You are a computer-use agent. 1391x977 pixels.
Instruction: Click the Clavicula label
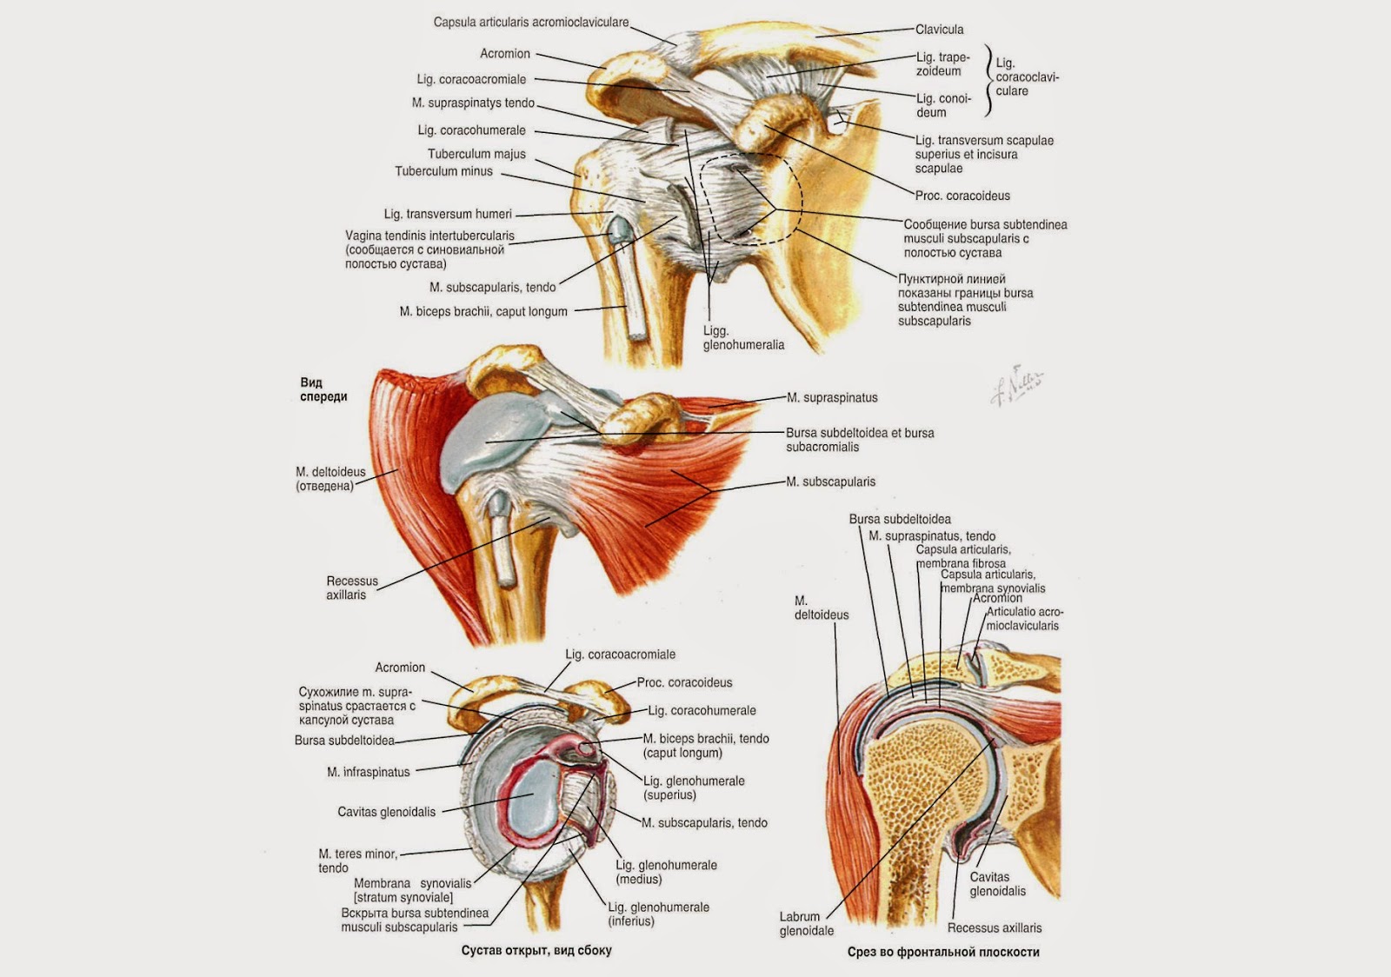939,30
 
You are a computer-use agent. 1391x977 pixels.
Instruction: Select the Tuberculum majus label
476,154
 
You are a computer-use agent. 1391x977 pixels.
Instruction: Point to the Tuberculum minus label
443,171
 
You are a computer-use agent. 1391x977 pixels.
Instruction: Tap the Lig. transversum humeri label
448,214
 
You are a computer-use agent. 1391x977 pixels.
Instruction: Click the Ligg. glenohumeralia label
743,338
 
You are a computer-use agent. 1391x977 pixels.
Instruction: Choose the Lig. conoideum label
943,105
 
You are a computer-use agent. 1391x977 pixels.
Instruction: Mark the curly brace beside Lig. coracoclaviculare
988,81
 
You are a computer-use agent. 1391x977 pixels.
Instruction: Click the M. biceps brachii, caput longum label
483,311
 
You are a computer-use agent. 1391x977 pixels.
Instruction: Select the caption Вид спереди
323,389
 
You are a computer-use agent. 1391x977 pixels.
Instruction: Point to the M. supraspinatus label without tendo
832,398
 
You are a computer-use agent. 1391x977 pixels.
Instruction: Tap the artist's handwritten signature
1017,385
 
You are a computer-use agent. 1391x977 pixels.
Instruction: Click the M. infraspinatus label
368,772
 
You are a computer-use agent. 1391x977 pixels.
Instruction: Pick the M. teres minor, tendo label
357,861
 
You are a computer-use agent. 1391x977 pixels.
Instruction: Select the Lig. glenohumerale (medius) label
666,872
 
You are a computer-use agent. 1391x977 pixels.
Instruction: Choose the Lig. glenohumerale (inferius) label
658,914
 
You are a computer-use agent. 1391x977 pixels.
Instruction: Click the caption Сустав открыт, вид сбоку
536,950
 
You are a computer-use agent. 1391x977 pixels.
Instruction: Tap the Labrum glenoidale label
806,923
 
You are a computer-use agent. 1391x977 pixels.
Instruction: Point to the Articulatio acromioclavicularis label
1024,619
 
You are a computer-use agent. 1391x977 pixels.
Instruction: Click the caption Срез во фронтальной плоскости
943,952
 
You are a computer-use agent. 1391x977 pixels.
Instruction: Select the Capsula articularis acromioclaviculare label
531,23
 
